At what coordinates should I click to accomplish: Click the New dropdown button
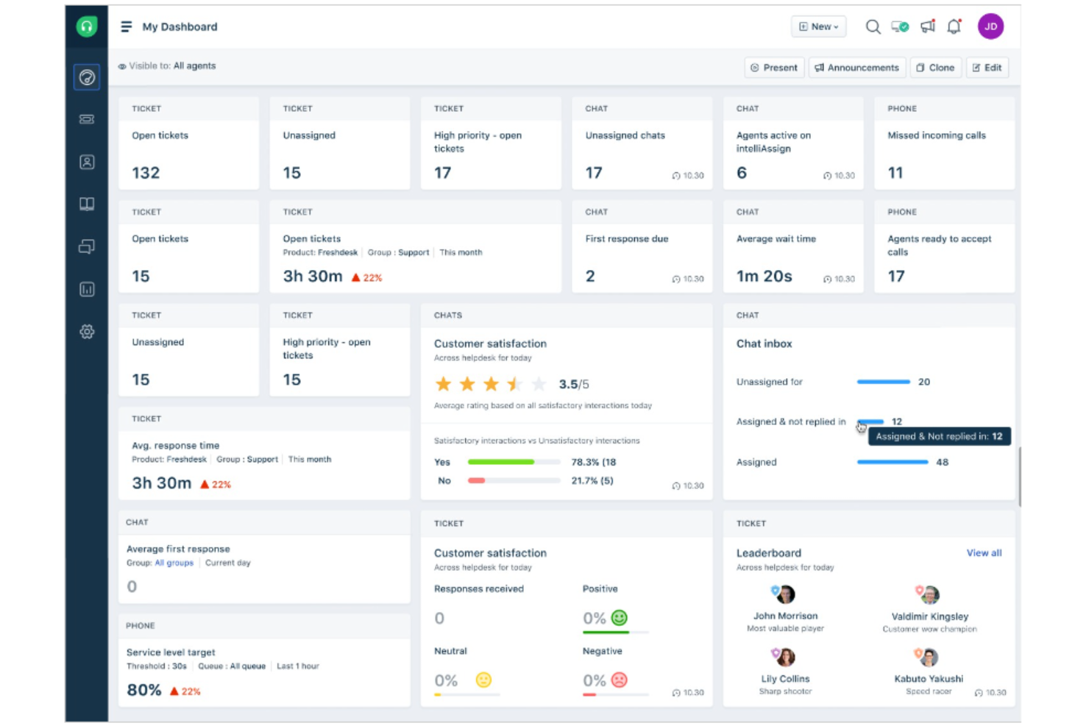pyautogui.click(x=818, y=26)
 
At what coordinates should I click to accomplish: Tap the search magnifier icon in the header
pyautogui.click(x=873, y=26)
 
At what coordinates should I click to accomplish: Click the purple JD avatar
pyautogui.click(x=990, y=26)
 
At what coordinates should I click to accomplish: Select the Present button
pyautogui.click(x=774, y=68)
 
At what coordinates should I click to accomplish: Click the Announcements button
pyautogui.click(x=856, y=68)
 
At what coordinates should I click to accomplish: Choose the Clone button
pyautogui.click(x=935, y=68)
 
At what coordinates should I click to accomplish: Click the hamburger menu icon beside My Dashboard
pyautogui.click(x=127, y=26)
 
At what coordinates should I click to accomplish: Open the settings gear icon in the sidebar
pyautogui.click(x=87, y=332)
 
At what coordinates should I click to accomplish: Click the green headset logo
pyautogui.click(x=87, y=27)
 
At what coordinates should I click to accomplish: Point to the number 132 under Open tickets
pyautogui.click(x=146, y=173)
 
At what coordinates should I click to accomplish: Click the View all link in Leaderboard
pyautogui.click(x=984, y=553)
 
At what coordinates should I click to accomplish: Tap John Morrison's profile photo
pyautogui.click(x=785, y=594)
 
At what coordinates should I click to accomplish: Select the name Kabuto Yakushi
pyautogui.click(x=929, y=679)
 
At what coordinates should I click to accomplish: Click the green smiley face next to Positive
pyautogui.click(x=620, y=618)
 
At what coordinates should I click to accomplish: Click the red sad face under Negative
pyautogui.click(x=620, y=680)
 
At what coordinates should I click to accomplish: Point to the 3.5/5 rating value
pyautogui.click(x=573, y=384)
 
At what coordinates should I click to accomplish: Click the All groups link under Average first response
pyautogui.click(x=174, y=563)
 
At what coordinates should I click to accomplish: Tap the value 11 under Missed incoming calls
pyautogui.click(x=895, y=173)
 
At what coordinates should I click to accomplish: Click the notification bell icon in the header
pyautogui.click(x=954, y=26)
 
